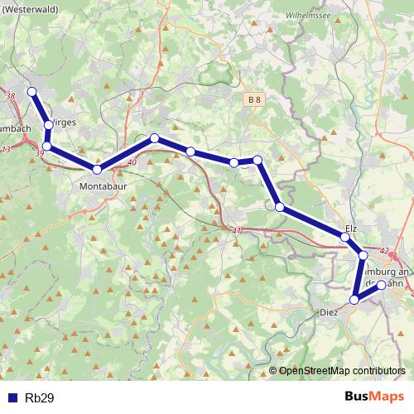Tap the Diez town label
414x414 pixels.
coord(330,313)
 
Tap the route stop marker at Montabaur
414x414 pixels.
coord(97,170)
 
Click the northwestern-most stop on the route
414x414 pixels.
coord(31,91)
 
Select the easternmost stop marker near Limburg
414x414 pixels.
coord(382,285)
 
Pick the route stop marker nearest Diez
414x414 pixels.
coord(354,300)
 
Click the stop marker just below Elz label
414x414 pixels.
coord(345,238)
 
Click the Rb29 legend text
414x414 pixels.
coord(40,397)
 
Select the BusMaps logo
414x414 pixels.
coord(374,397)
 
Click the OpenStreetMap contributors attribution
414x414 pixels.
coord(341,370)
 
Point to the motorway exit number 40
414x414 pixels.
coord(132,162)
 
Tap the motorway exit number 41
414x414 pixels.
coord(238,230)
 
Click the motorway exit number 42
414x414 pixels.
coord(383,250)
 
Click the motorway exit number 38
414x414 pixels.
coord(11,97)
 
